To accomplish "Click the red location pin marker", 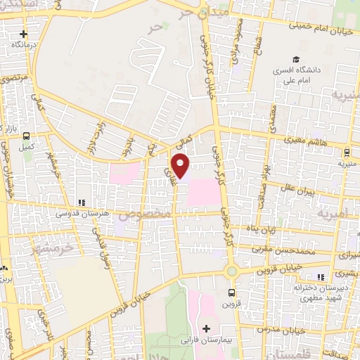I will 181,167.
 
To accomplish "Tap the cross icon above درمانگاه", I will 24,34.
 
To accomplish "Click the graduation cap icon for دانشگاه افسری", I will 297,60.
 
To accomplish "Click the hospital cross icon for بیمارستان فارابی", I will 206,328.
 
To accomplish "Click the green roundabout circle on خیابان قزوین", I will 231,271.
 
